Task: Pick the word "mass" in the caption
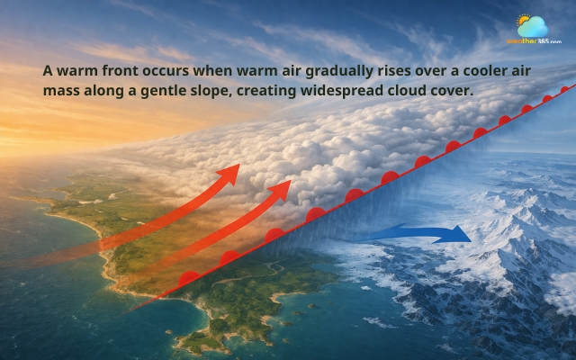point(61,91)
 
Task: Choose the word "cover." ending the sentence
point(454,92)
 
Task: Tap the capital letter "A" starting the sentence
point(48,71)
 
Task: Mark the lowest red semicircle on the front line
point(188,277)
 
